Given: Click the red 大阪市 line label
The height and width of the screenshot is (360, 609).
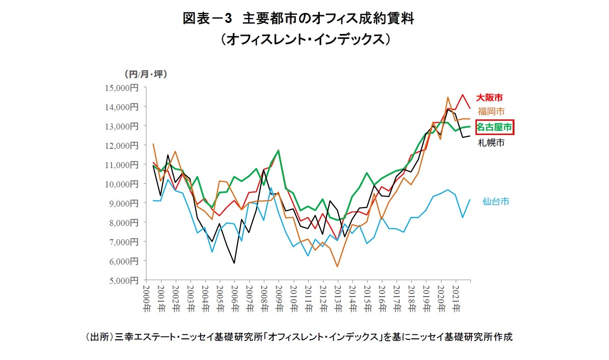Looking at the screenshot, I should (489, 97).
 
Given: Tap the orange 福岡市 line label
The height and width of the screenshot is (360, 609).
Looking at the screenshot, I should (491, 111).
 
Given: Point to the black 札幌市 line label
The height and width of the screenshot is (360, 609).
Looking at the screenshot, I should (491, 143).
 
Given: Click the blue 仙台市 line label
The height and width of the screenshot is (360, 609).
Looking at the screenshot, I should (495, 201).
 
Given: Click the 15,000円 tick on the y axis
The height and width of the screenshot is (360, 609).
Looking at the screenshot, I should (124, 87).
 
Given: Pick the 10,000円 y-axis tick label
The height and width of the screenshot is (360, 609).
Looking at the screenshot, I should (124, 184).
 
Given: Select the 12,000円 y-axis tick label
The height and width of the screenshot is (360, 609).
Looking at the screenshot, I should (124, 145).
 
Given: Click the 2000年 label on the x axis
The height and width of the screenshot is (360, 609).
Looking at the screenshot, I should (146, 298).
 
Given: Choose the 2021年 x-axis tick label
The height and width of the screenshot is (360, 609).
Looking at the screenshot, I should (456, 298).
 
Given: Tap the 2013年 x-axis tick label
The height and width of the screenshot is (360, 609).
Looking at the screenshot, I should (338, 298).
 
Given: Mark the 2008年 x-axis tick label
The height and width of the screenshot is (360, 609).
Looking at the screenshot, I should (264, 298).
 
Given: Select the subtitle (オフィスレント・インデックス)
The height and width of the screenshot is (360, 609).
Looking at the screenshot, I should (305, 39).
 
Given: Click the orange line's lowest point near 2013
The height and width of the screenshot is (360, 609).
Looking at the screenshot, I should (337, 267).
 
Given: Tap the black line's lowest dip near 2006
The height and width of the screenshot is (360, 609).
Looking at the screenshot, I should (235, 263).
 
